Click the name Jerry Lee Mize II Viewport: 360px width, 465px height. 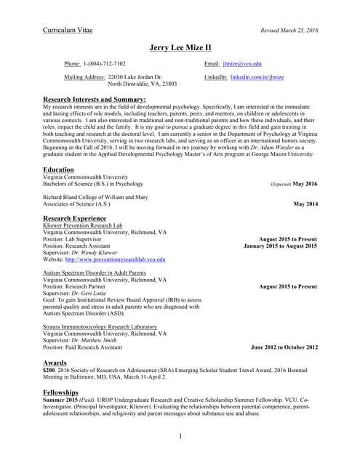pyautogui.click(x=180, y=48)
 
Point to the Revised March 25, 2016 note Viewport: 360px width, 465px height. pyautogui.click(x=289, y=31)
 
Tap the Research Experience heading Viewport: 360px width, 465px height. pyautogui.click(x=75, y=218)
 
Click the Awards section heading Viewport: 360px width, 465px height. pyautogui.click(x=55, y=363)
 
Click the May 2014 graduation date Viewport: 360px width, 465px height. pyautogui.click(x=305, y=204)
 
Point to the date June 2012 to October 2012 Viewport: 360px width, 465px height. pyautogui.click(x=284, y=347)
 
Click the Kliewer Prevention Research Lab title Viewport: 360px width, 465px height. pyautogui.click(x=81, y=225)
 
